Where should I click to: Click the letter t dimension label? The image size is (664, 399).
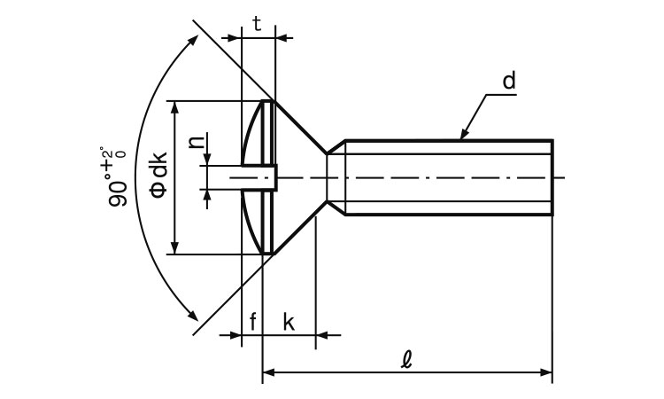257,24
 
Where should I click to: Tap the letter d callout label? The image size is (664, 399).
508,82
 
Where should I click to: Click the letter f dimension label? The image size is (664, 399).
252,322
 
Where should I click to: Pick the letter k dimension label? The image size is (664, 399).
289,322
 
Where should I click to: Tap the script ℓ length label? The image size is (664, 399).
406,361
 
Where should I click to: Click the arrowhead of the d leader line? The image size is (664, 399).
463,136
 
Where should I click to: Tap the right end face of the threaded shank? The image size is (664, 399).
552,177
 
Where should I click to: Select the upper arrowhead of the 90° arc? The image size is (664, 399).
192,40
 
